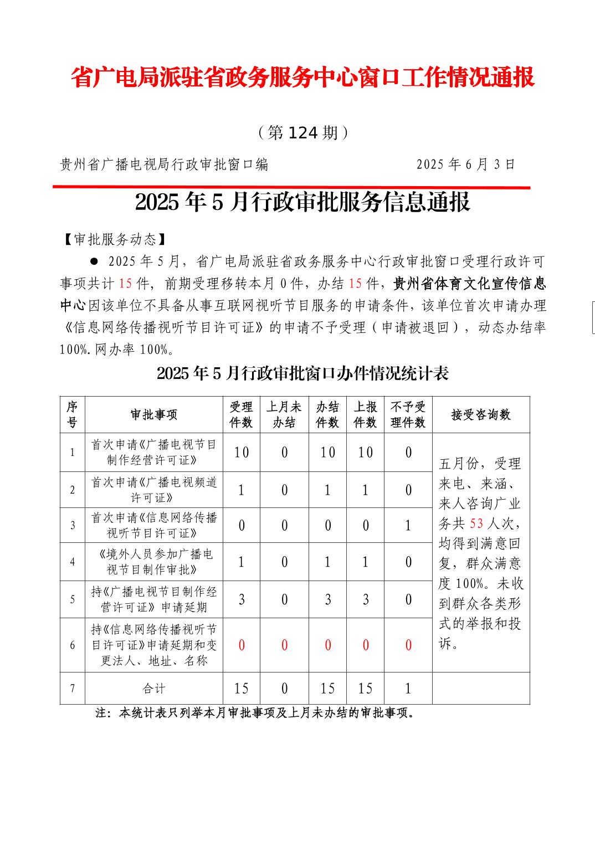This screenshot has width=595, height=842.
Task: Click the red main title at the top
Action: coord(302,78)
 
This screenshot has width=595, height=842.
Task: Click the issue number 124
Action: coord(303,133)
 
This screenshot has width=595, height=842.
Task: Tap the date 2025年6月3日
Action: coord(466,164)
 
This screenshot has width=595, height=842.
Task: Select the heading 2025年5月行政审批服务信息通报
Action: coord(302,203)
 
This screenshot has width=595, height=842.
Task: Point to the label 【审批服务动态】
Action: coord(113,239)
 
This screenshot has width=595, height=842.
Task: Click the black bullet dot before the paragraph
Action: coord(94,261)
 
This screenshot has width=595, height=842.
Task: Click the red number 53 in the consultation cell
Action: coord(476,523)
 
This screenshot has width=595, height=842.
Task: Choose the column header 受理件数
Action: coord(241,415)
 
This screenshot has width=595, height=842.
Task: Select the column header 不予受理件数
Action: coord(408,415)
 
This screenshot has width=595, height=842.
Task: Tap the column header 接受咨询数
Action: coord(481,415)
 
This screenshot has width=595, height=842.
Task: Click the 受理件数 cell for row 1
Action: coord(241,453)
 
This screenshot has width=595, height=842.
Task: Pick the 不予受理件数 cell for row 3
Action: coord(408,525)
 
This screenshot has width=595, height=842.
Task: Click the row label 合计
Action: coord(154,689)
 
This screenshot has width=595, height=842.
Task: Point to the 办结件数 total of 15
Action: coord(327,689)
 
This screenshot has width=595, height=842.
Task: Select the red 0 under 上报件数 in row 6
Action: coord(365,645)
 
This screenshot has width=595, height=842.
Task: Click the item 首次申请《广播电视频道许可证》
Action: coord(154,490)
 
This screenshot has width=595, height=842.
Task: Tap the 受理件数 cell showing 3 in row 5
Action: coord(241,599)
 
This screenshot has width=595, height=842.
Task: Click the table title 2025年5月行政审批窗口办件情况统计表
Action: coord(302,373)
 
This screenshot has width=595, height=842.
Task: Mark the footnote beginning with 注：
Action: coord(256,713)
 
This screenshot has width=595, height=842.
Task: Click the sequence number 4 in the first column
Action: coord(73,562)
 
